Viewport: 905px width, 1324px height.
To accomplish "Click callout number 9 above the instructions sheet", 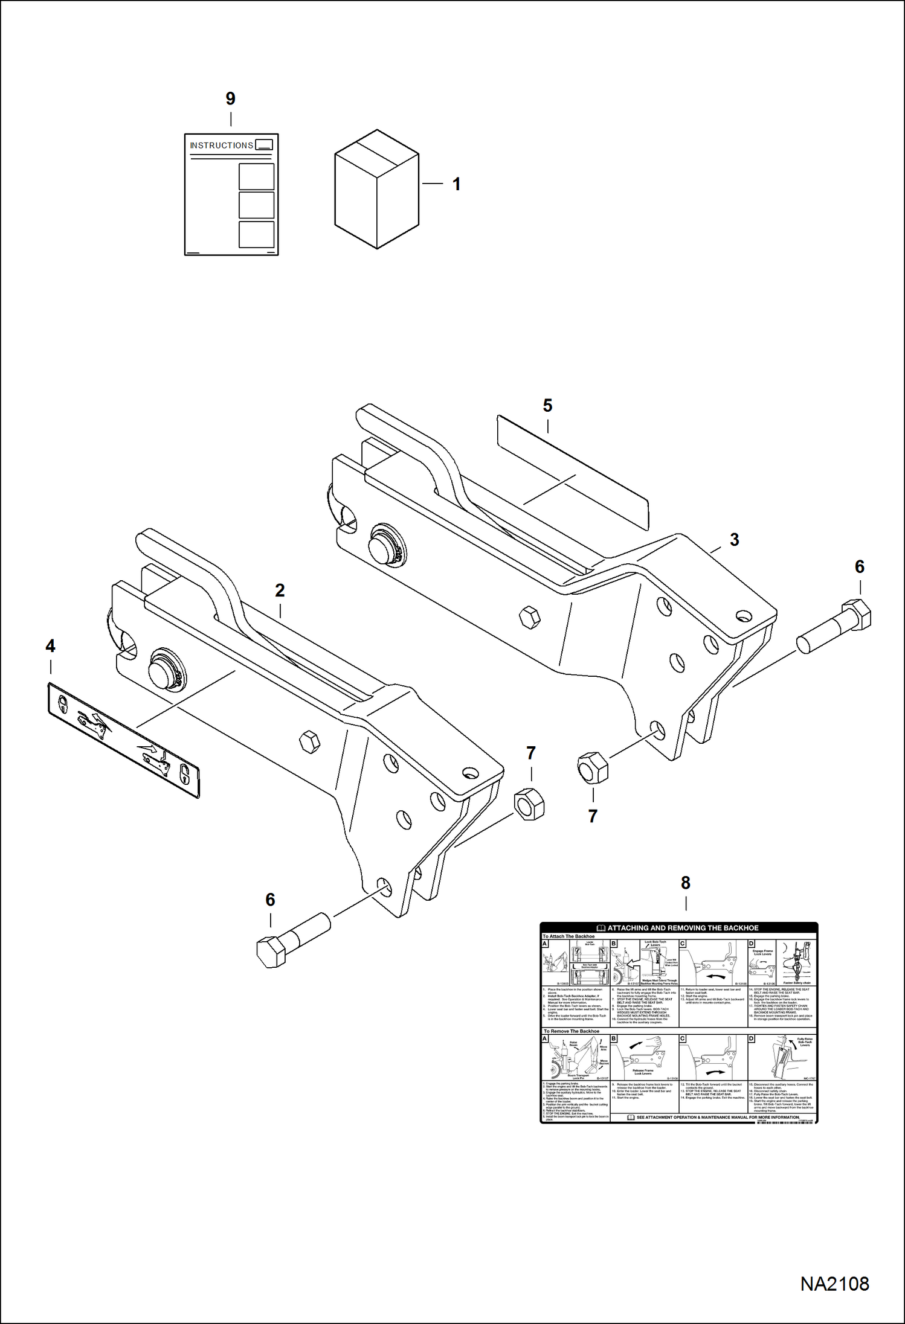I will (x=230, y=98).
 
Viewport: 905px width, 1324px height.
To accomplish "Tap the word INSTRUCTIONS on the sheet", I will (x=221, y=146).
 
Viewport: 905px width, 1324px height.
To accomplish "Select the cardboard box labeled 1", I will (x=376, y=189).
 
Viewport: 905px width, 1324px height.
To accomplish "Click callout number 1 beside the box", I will (x=457, y=184).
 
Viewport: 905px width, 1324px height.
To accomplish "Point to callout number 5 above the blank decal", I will (x=547, y=406).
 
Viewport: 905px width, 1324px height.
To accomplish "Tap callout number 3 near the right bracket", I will (x=734, y=540).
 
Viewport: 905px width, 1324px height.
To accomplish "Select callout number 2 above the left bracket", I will (x=280, y=590).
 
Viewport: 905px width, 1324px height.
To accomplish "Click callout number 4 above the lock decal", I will (x=50, y=646).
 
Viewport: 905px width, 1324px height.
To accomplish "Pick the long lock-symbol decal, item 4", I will (x=123, y=740).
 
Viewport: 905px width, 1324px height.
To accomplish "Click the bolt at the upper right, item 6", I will (x=836, y=626).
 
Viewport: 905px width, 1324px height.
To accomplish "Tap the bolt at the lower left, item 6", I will (x=292, y=939).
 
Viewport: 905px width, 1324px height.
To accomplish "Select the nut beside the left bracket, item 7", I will (x=529, y=804).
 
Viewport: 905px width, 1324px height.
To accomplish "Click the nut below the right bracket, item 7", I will (x=593, y=767).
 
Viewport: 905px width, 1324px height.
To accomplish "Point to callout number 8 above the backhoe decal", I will (x=685, y=883).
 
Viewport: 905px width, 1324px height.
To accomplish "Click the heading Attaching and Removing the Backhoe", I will (x=682, y=928).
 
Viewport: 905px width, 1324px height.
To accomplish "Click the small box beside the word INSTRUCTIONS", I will (x=264, y=145).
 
